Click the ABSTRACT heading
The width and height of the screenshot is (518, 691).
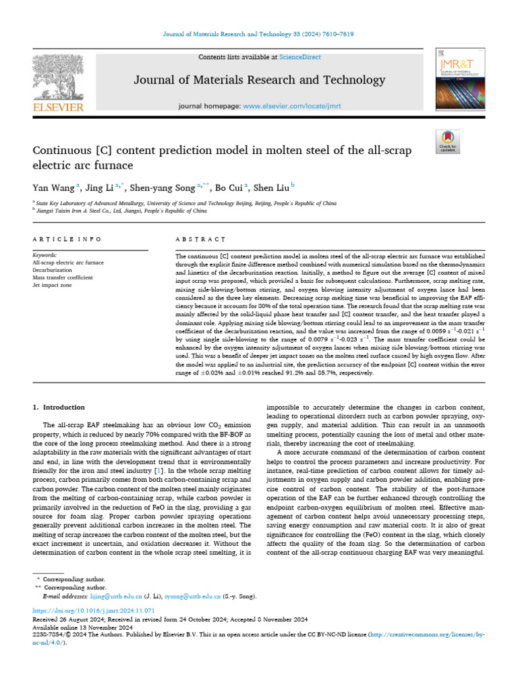click(x=200, y=239)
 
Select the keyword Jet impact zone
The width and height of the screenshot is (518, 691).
click(x=53, y=285)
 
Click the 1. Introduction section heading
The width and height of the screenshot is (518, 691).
click(x=59, y=408)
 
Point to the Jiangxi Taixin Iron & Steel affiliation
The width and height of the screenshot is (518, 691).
click(x=121, y=210)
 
